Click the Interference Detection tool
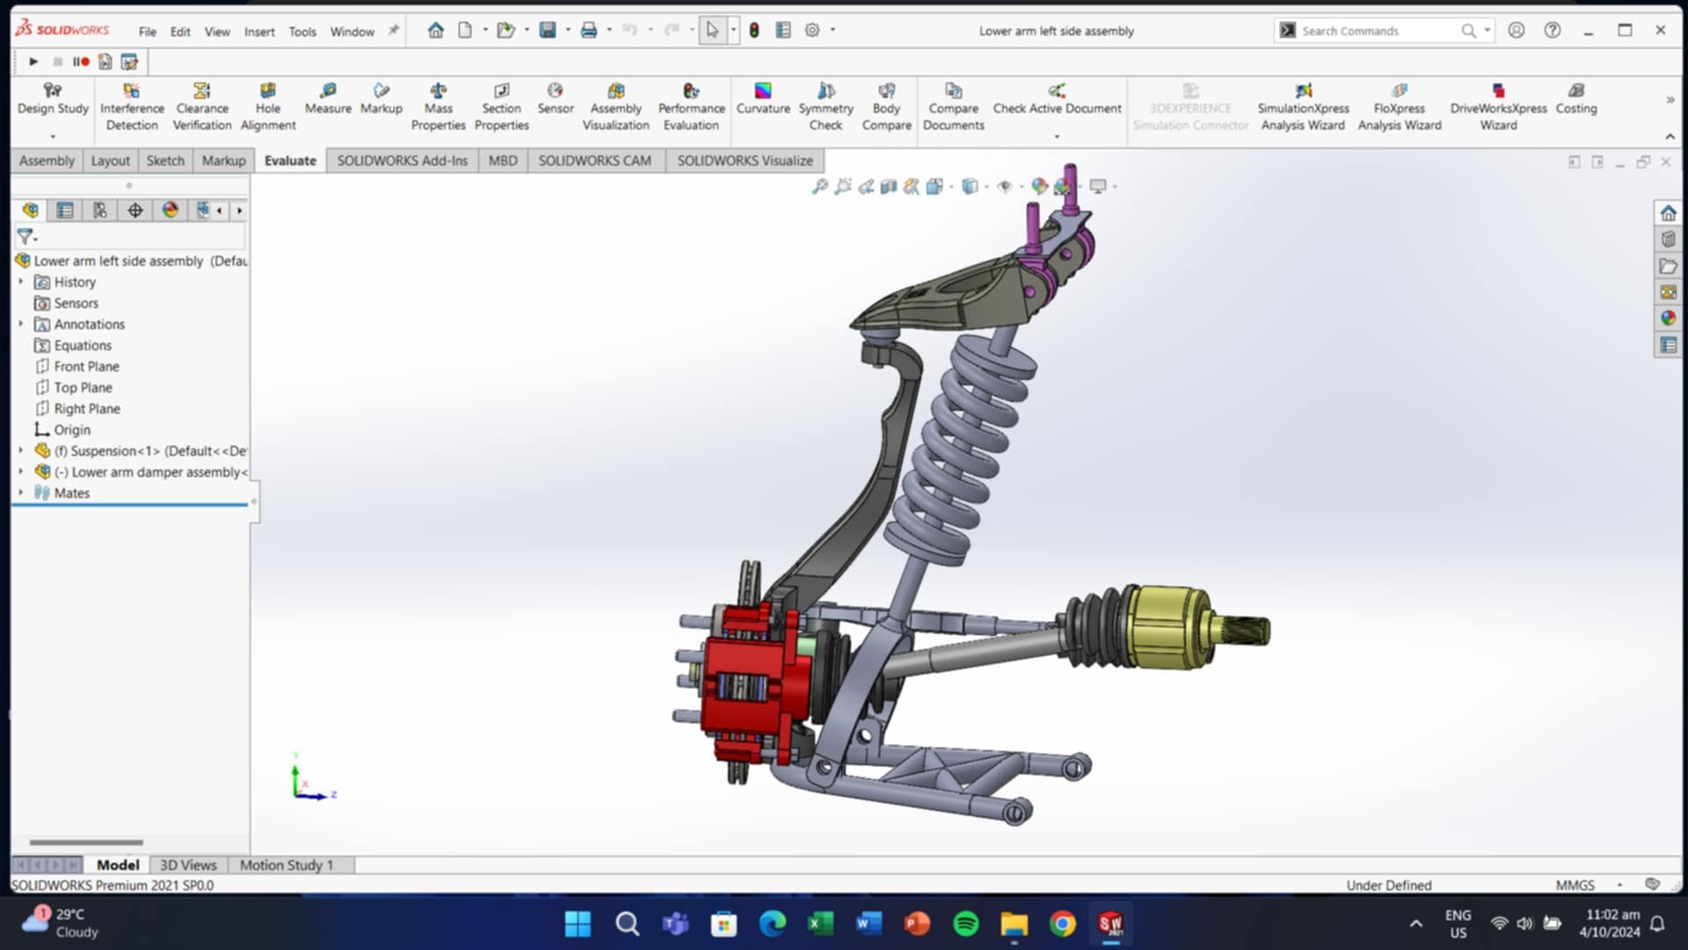(132, 106)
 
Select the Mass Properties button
(438, 106)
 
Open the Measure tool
(328, 99)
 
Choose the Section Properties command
(501, 106)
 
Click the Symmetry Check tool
(826, 106)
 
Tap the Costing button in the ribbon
(1575, 99)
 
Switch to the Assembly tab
(47, 161)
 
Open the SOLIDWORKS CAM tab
(594, 161)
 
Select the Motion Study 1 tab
(286, 866)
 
